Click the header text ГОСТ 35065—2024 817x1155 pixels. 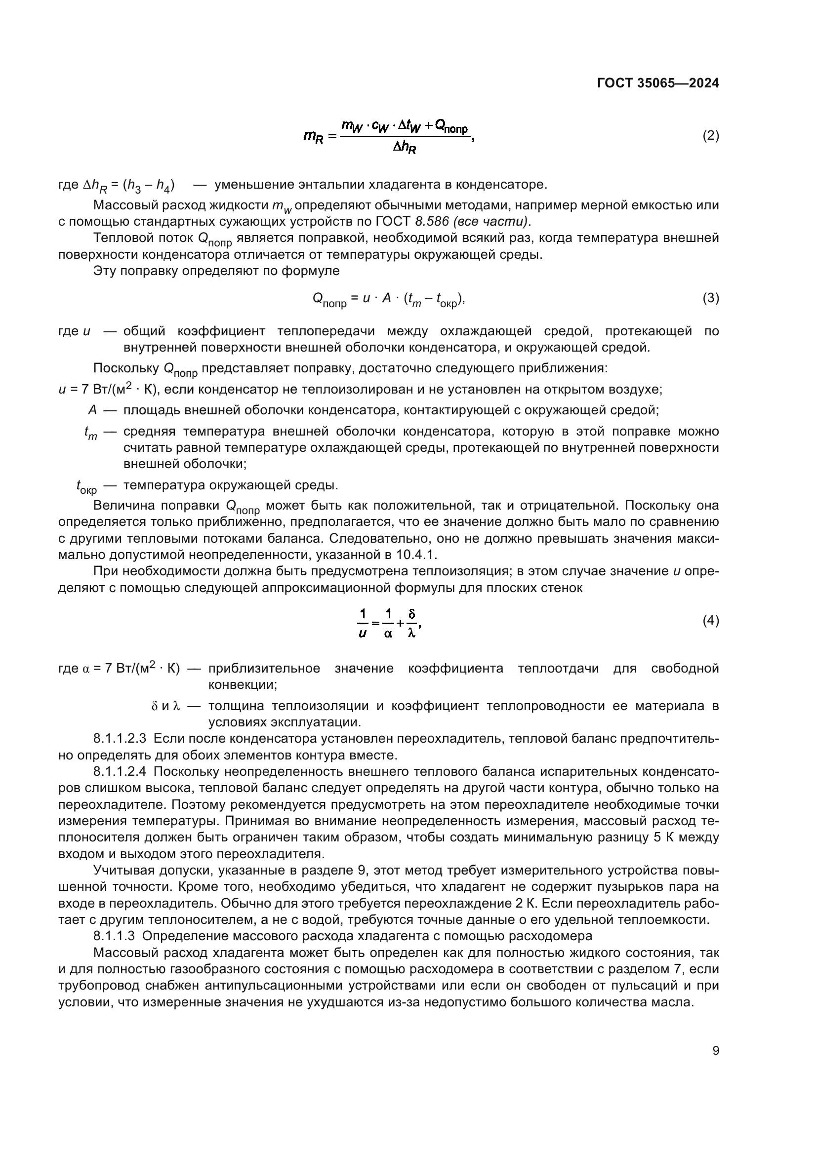(657, 83)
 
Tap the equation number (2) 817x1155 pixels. (710, 135)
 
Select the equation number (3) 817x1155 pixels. (710, 298)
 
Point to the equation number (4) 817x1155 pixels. (710, 621)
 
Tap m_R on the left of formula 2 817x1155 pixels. (313, 136)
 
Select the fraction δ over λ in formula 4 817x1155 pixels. (411, 623)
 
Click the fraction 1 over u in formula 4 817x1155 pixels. (363, 623)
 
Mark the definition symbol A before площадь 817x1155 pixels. (92, 410)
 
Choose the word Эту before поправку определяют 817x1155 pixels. (105, 271)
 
